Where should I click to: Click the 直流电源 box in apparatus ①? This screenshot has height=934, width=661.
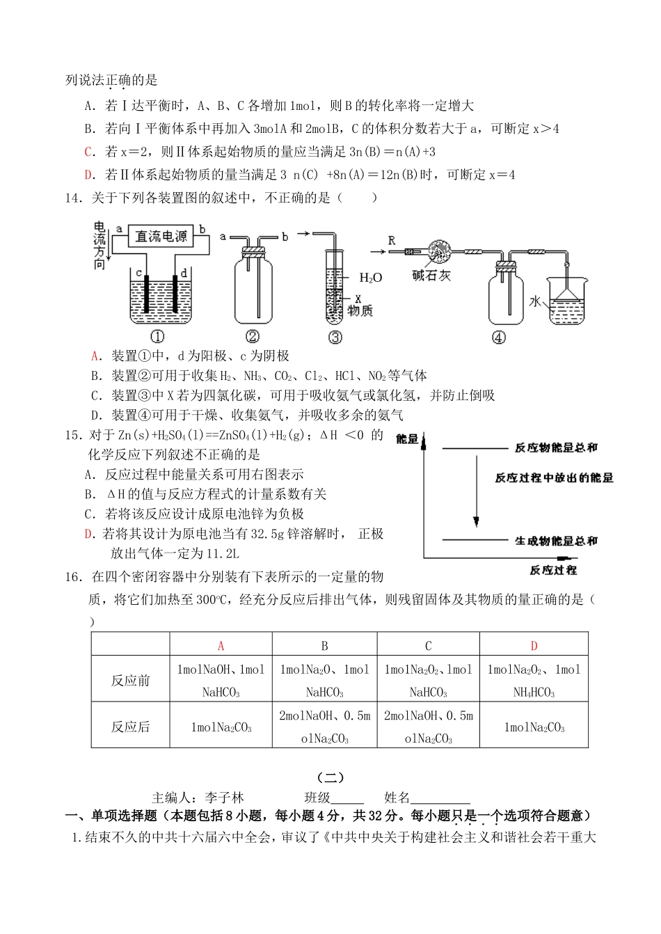coord(161,237)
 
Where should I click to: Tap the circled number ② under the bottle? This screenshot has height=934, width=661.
coord(253,337)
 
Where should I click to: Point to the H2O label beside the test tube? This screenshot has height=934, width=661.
coord(370,278)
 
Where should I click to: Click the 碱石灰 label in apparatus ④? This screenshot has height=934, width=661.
coord(431,276)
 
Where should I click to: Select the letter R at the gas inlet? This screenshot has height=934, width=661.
coord(392,241)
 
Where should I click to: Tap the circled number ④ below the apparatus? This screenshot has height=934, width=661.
coord(498,338)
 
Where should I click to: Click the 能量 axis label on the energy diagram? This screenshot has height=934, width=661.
coord(407,439)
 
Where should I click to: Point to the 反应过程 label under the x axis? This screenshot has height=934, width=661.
coord(553,570)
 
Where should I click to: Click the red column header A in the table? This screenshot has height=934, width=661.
coord(221,645)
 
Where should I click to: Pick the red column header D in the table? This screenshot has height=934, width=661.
coord(534,645)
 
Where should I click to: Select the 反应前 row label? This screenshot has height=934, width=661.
coord(130,680)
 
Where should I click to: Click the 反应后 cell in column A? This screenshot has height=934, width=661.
coord(221,727)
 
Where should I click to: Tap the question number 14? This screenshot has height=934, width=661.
coord(74,198)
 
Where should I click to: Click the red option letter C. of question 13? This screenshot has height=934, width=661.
coord(89,152)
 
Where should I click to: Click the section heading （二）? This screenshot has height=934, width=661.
coord(330,777)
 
